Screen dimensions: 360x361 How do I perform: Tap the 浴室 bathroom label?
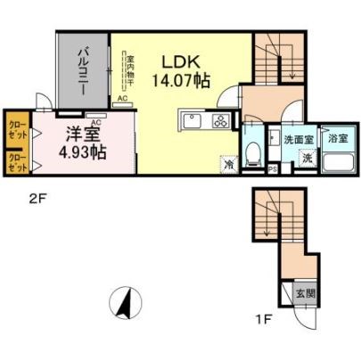pyautogui.click(x=337, y=140)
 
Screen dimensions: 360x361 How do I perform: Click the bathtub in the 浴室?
pyautogui.click(x=336, y=163)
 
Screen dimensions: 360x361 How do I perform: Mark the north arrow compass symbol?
pyautogui.click(x=126, y=304)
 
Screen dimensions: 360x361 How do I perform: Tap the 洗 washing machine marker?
pyautogui.click(x=305, y=158)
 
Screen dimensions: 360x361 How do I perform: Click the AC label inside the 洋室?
pyautogui.click(x=95, y=115)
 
